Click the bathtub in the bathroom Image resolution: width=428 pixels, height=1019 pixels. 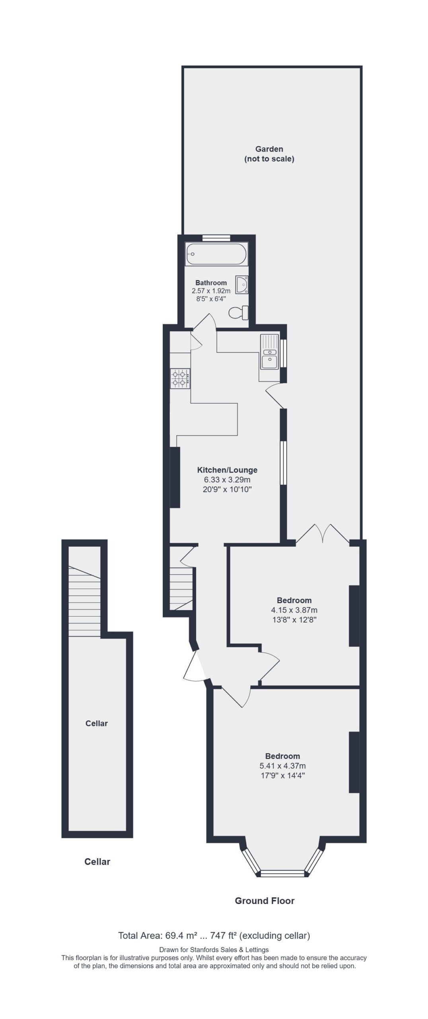click(x=216, y=254)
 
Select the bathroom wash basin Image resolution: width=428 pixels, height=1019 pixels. click(x=242, y=285)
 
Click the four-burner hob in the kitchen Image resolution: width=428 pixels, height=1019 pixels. click(x=180, y=378)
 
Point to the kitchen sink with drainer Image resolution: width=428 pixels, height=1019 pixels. click(x=269, y=351)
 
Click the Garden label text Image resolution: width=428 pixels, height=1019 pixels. click(x=269, y=149)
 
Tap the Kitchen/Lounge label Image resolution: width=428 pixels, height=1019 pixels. click(x=227, y=470)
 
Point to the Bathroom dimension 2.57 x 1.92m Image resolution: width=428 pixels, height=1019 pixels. click(x=211, y=291)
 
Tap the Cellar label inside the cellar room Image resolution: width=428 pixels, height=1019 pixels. click(x=97, y=723)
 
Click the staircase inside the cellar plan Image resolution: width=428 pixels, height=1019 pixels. click(x=84, y=601)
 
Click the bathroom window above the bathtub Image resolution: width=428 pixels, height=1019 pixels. click(x=216, y=238)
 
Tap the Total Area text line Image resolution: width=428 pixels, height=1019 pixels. click(x=214, y=935)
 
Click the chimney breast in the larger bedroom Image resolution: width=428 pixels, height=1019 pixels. click(x=354, y=762)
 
